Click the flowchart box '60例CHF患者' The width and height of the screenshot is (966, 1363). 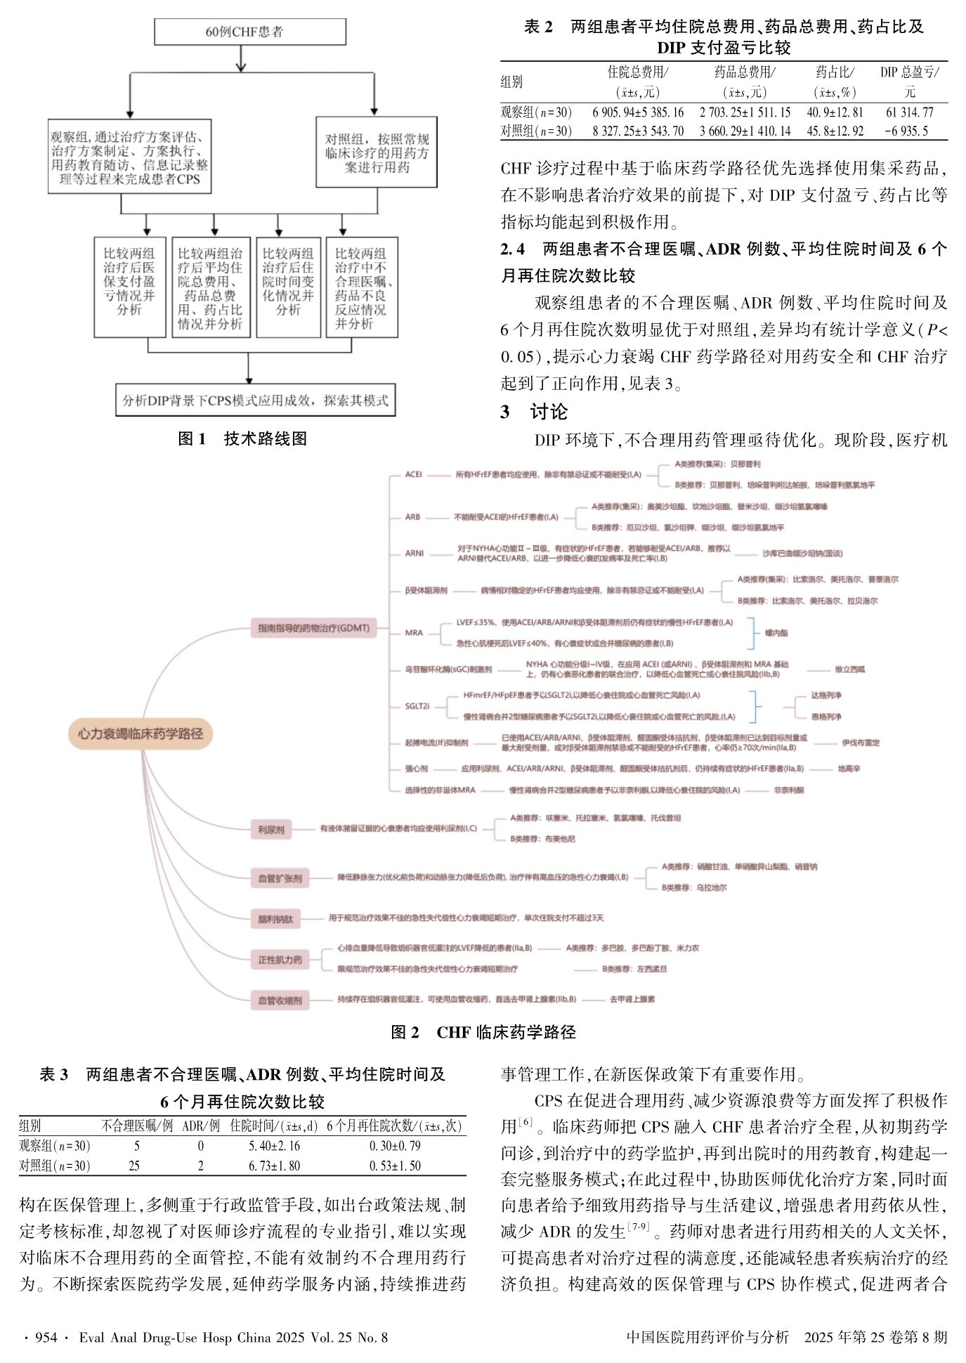249,32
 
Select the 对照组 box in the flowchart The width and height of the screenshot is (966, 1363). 377,152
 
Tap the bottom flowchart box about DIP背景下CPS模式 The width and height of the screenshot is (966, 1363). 255,400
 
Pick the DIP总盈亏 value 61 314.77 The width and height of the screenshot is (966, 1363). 909,112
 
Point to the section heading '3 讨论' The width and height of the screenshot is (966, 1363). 534,412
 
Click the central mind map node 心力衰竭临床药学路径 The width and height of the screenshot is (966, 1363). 140,733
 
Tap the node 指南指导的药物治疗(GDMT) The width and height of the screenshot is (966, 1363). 313,628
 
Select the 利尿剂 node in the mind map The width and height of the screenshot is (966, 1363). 270,830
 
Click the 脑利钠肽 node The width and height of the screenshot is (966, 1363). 275,919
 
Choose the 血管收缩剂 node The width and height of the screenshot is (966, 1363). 280,1000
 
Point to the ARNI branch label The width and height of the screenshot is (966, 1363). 415,553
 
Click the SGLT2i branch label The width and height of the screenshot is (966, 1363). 417,706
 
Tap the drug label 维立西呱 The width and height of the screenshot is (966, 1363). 849,669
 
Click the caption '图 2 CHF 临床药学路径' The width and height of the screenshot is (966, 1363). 483,1032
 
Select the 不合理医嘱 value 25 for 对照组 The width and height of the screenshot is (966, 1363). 134,1166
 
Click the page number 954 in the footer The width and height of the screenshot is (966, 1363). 46,1337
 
